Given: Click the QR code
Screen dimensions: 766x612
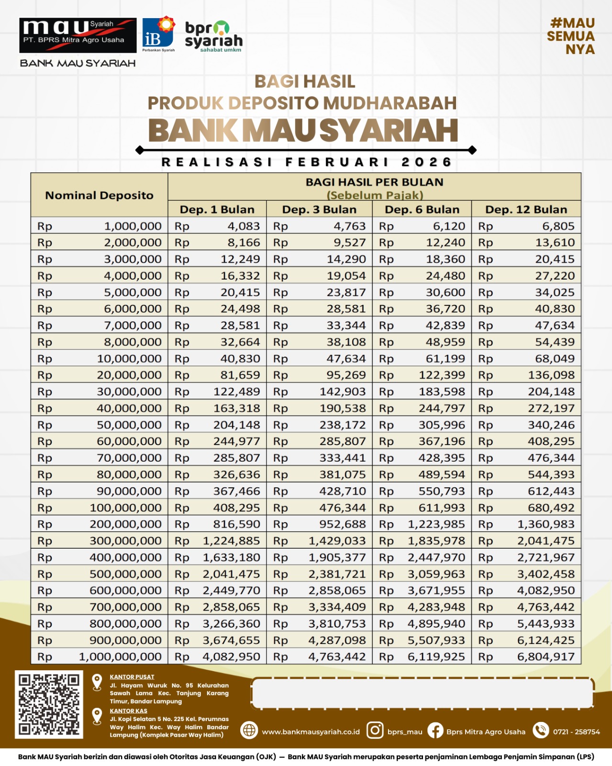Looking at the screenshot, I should pyautogui.click(x=49, y=704).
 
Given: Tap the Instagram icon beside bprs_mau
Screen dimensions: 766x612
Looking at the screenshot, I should pyautogui.click(x=375, y=730).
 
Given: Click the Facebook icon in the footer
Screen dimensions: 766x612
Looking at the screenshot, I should pyautogui.click(x=435, y=731).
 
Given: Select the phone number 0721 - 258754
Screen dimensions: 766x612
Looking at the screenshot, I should pyautogui.click(x=576, y=732).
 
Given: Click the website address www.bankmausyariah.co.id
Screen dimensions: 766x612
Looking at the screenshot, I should pyautogui.click(x=311, y=732).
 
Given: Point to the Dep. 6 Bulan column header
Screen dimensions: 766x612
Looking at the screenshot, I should pyautogui.click(x=422, y=210).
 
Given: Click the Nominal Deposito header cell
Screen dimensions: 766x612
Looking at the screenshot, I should pyautogui.click(x=99, y=195).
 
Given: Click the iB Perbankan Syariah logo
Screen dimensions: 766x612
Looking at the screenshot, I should pyautogui.click(x=158, y=34).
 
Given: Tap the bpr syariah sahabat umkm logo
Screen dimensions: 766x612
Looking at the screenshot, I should pyautogui.click(x=213, y=36).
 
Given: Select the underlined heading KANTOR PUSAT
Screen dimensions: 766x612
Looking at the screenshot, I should pyautogui.click(x=132, y=677).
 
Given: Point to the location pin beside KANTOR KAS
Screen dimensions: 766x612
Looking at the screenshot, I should pyautogui.click(x=97, y=716).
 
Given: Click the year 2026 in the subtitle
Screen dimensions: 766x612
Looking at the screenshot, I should pyautogui.click(x=426, y=162).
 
